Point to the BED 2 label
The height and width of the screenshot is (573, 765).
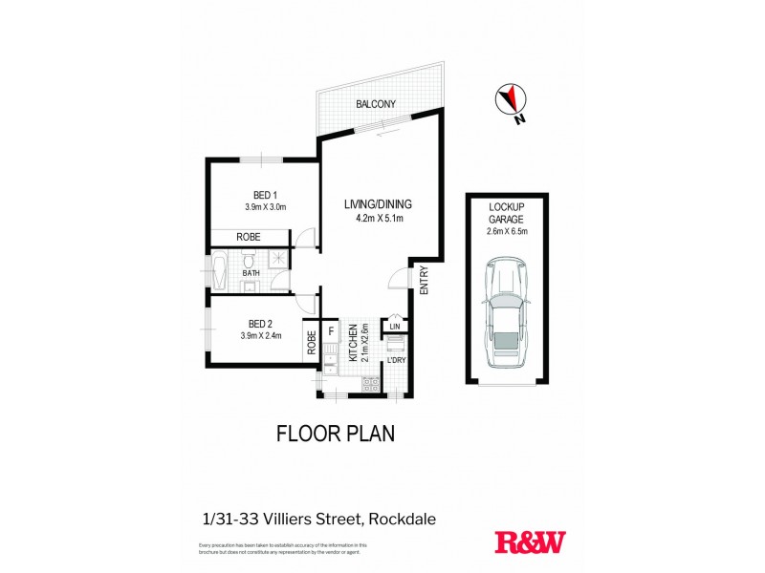point(260,323)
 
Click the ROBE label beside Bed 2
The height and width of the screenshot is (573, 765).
point(312,342)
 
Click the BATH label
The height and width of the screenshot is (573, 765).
point(251,273)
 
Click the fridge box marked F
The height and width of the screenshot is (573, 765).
point(330,332)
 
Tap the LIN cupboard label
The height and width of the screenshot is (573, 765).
point(394,328)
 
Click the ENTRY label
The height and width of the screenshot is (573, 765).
point(424,280)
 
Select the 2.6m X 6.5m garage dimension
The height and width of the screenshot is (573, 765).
point(506,230)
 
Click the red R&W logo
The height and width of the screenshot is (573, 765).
point(529,541)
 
